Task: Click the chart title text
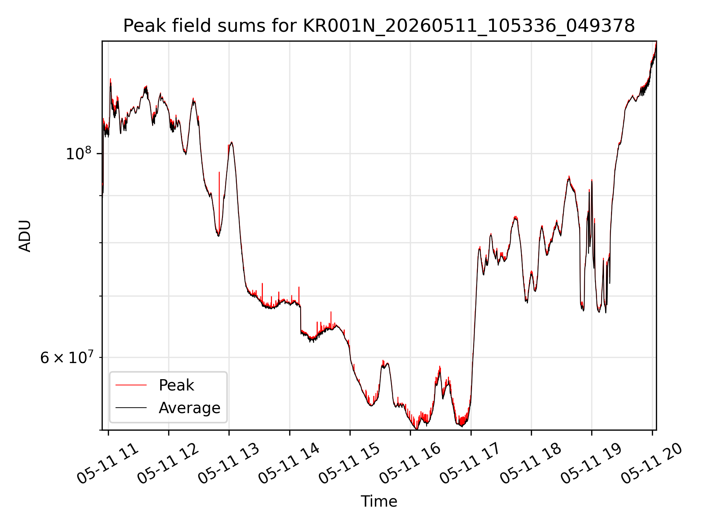pyautogui.click(x=379, y=26)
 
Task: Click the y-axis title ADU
pyautogui.click(x=25, y=236)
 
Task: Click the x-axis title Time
pyautogui.click(x=379, y=501)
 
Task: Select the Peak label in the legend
pyautogui.click(x=176, y=385)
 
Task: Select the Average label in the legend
pyautogui.click(x=189, y=408)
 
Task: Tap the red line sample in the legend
pyautogui.click(x=131, y=385)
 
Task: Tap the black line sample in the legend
pyautogui.click(x=131, y=408)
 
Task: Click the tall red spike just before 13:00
pyautogui.click(x=219, y=201)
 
